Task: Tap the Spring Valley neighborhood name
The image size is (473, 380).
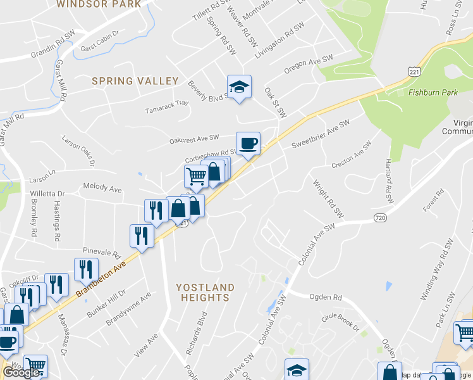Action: coord(135,81)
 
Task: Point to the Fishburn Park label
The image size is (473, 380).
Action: coord(433,92)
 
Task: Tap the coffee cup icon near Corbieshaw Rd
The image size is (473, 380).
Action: coord(248,144)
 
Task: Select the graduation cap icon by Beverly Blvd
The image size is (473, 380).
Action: coord(240,87)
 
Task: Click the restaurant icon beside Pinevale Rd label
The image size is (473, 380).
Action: coord(142,236)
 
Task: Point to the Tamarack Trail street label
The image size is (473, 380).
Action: coord(167,103)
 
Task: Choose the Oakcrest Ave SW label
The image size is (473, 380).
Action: coord(193,137)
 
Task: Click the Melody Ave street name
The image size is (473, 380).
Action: coord(102,189)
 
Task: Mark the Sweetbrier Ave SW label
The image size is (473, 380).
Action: coord(321,134)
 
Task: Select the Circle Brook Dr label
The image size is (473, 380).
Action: coord(340,322)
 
